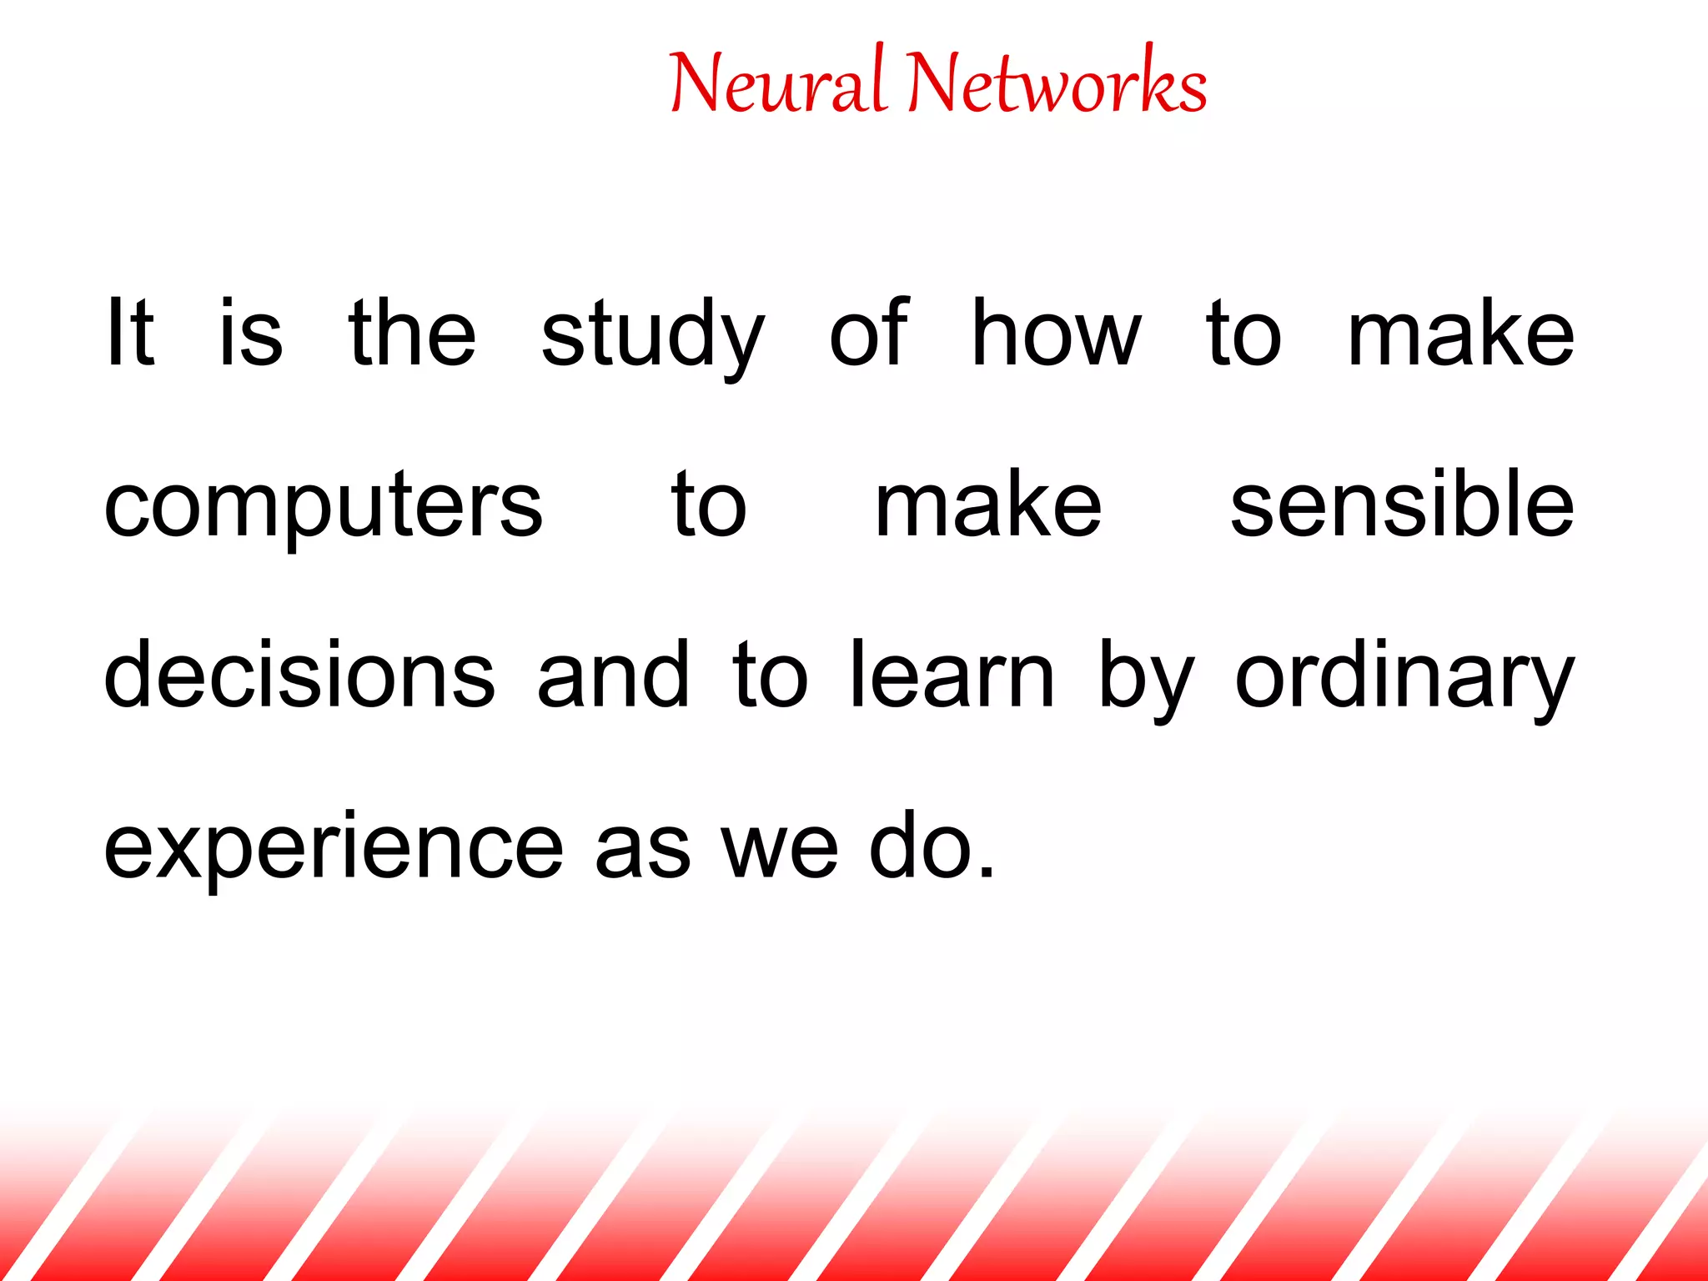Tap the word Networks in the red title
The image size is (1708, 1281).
pos(1057,83)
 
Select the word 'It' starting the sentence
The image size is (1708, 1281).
pos(129,334)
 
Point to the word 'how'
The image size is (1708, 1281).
pos(1056,334)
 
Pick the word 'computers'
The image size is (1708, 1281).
pos(323,507)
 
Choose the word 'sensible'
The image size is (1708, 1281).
pos(1402,505)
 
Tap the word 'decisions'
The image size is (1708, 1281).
pos(299,676)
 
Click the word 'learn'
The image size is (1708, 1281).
pos(952,676)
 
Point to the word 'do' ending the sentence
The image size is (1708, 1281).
pos(922,846)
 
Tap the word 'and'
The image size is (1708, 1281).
pos(613,676)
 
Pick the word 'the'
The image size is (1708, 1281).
pos(412,334)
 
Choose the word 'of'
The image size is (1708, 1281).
pos(868,334)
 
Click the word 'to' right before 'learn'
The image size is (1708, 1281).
pos(770,677)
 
